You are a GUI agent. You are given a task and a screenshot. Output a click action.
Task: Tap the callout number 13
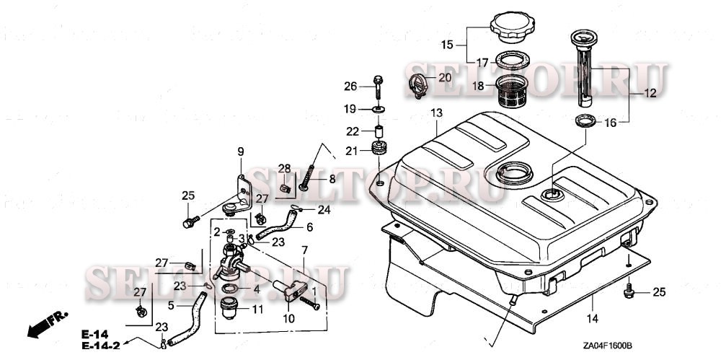pyautogui.click(x=436, y=113)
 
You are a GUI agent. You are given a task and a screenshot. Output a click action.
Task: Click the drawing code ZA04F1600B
pyautogui.click(x=598, y=346)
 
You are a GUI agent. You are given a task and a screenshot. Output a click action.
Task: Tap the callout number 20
pyautogui.click(x=444, y=77)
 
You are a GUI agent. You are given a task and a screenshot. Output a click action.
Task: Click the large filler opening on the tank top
pyautogui.click(x=513, y=172)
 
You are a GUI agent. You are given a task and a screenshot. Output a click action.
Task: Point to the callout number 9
pyautogui.click(x=241, y=151)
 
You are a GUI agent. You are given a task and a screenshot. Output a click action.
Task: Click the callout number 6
pyautogui.click(x=309, y=227)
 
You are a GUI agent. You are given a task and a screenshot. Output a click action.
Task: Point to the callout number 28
pyautogui.click(x=284, y=168)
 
